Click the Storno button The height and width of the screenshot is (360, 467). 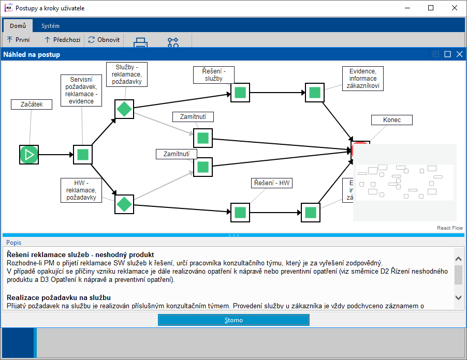pyautogui.click(x=233, y=320)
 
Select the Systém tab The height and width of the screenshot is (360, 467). pyautogui.click(x=50, y=26)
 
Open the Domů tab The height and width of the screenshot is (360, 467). pyautogui.click(x=18, y=26)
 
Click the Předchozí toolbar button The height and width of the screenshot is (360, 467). pyautogui.click(x=62, y=39)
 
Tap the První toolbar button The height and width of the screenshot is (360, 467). pyautogui.click(x=18, y=39)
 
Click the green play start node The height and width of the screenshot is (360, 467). pyautogui.click(x=29, y=154)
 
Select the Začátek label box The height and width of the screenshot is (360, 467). pyautogui.click(x=32, y=104)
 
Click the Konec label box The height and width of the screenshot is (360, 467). pyautogui.click(x=392, y=120)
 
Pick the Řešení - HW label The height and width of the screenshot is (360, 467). pyautogui.click(x=272, y=183)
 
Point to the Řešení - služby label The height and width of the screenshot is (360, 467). pyautogui.click(x=214, y=74)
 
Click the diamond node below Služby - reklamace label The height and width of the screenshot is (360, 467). pyautogui.click(x=124, y=109)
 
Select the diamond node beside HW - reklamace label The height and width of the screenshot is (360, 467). pyautogui.click(x=124, y=204)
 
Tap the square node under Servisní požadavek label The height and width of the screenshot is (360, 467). pyautogui.click(x=83, y=154)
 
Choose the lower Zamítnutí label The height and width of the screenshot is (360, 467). pyautogui.click(x=177, y=154)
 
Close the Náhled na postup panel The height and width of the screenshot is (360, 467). pyautogui.click(x=459, y=54)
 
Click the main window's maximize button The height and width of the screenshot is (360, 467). pyautogui.click(x=431, y=8)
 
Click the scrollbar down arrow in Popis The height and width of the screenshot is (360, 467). pyautogui.click(x=458, y=297)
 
